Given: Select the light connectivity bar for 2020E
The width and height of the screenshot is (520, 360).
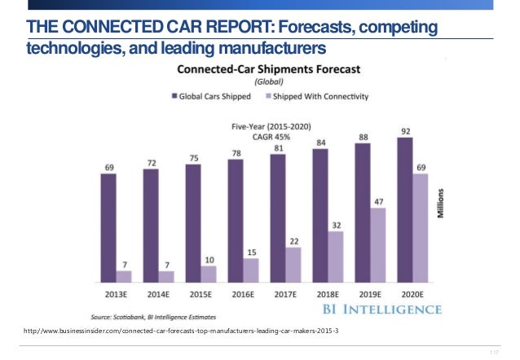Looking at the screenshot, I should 421,228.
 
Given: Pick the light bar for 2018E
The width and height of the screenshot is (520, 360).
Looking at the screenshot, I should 336,257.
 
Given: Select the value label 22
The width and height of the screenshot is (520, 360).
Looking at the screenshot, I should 293,240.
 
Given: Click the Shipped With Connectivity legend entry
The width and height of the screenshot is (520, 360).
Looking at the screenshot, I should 319,96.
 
